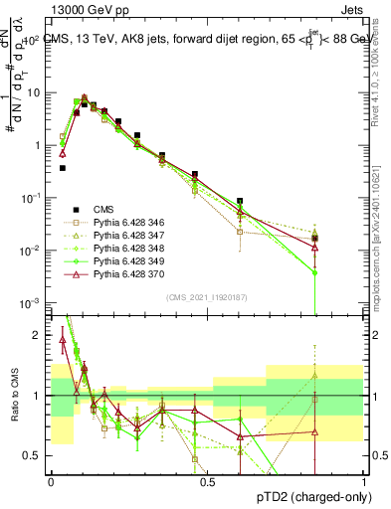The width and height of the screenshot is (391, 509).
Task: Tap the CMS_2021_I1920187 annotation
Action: (208, 295)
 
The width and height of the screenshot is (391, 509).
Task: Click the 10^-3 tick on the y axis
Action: (35, 301)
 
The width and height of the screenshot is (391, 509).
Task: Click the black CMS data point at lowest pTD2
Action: (62, 168)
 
